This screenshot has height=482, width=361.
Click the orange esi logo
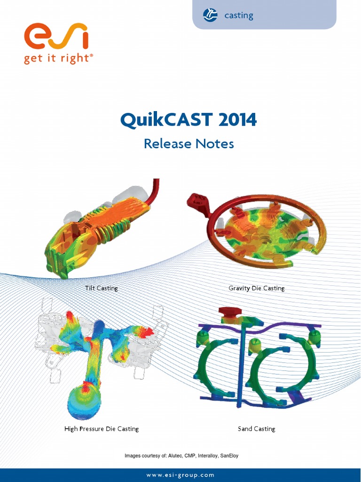tap(56, 37)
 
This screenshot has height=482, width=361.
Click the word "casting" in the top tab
tap(239, 16)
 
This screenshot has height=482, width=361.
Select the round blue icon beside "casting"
tap(210, 15)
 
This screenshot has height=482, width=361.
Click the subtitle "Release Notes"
tap(188, 144)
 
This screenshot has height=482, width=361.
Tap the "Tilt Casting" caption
tap(102, 288)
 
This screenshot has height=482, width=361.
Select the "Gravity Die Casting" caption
tap(257, 288)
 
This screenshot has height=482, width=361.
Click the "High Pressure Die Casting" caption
tap(102, 429)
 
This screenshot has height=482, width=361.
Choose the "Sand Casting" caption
tap(257, 429)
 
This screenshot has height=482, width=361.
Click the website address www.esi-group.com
tap(180, 475)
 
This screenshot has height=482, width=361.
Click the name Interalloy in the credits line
tap(208, 456)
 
